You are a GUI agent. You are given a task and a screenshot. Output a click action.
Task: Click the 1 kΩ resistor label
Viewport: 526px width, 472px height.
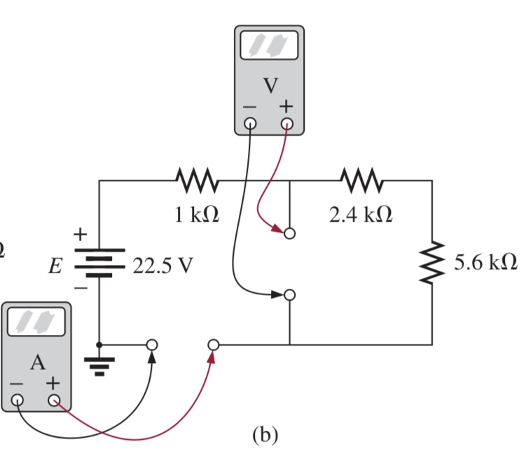197,215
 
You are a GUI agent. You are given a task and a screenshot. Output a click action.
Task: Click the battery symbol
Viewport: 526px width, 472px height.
99,262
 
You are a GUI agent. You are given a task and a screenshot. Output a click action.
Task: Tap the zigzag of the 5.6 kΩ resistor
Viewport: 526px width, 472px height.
432,263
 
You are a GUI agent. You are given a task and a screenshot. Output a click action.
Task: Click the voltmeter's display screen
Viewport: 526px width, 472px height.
270,47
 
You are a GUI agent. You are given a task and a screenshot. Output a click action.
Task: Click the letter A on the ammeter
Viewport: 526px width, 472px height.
36,362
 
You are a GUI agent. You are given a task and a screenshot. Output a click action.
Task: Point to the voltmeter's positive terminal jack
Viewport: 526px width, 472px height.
287,125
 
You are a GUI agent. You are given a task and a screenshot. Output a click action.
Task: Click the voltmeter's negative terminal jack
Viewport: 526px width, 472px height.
251,125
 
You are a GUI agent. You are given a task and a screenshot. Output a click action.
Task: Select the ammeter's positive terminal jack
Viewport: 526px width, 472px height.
54,401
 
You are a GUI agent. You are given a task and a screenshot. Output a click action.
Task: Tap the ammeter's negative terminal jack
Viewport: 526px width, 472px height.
18,401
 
